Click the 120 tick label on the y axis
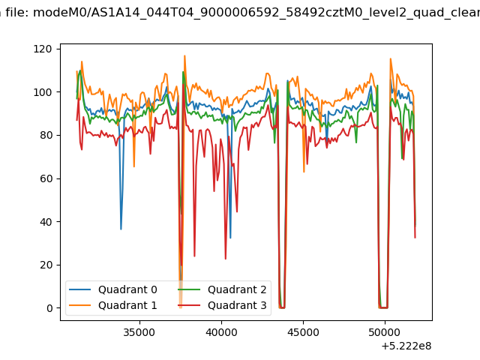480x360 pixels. pyautogui.click(x=43, y=49)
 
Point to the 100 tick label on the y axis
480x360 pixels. pyautogui.click(x=43, y=92)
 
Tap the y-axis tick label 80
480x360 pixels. pyautogui.click(x=46, y=135)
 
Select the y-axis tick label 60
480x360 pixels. pyautogui.click(x=46, y=178)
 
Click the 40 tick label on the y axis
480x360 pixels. pyautogui.click(x=46, y=222)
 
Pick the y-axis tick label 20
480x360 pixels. pyautogui.click(x=46, y=265)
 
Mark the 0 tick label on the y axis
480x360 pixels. pyautogui.click(x=49, y=308)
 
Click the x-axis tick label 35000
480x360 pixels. pyautogui.click(x=139, y=333)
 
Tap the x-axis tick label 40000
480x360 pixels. pyautogui.click(x=221, y=333)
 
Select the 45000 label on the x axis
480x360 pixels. pyautogui.click(x=303, y=333)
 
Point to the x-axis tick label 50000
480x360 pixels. pyautogui.click(x=385, y=333)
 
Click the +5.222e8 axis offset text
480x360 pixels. pyautogui.click(x=406, y=346)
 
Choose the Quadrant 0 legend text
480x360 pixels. pyautogui.click(x=127, y=289)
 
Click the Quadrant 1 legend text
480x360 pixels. pyautogui.click(x=127, y=305)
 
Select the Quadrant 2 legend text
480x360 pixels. pyautogui.click(x=237, y=289)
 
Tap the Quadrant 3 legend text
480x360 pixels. pyautogui.click(x=237, y=305)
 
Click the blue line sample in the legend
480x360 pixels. pyautogui.click(x=80, y=289)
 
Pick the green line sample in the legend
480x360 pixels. pyautogui.click(x=189, y=289)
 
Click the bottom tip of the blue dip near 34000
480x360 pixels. pyautogui.click(x=121, y=229)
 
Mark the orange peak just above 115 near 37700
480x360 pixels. pyautogui.click(x=184, y=56)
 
